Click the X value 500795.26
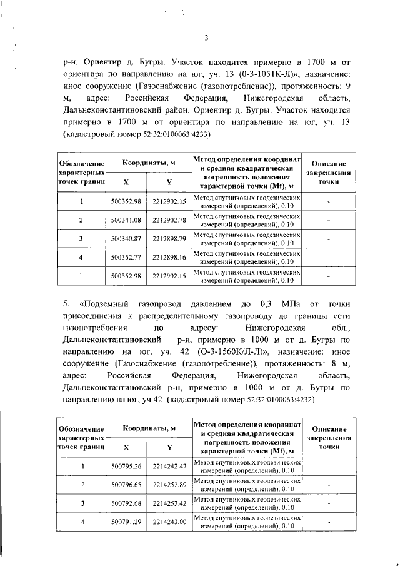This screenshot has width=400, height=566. coord(126,466)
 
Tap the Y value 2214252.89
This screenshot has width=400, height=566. coord(169,485)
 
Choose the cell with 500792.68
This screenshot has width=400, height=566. coord(126,503)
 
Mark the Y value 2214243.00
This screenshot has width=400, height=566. coord(169,522)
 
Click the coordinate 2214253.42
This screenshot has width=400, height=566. coord(169,503)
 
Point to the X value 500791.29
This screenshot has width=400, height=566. coord(126,522)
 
